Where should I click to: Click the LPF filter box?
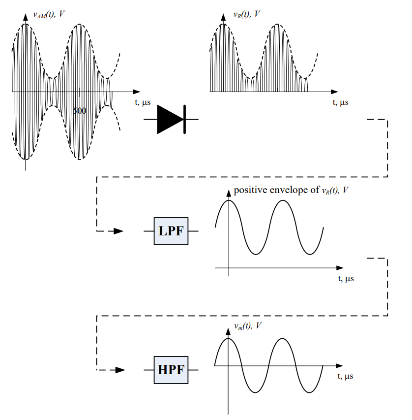[171, 231]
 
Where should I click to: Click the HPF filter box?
[171, 370]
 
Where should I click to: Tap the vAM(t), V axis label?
[49, 14]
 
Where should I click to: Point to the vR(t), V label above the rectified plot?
[246, 14]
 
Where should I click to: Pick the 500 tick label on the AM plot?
[80, 111]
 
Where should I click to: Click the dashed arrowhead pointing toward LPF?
[118, 231]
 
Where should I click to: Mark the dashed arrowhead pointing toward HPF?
[118, 370]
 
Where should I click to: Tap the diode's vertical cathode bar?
[185, 119]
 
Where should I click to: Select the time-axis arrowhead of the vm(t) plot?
[339, 365]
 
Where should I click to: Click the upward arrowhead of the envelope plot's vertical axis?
[229, 193]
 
